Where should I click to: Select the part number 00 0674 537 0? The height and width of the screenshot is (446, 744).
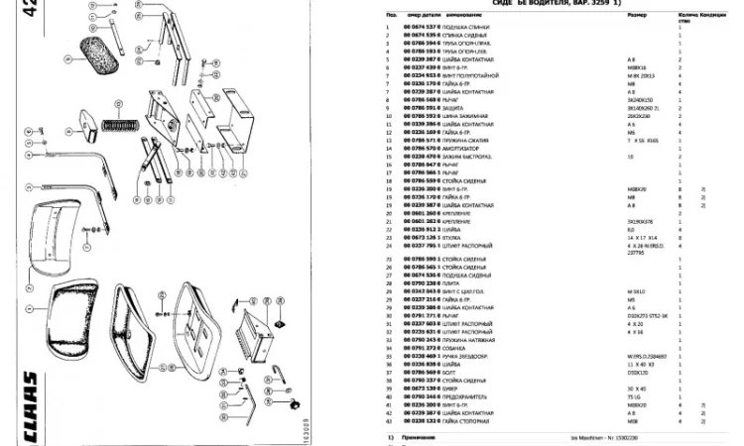(421, 27)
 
